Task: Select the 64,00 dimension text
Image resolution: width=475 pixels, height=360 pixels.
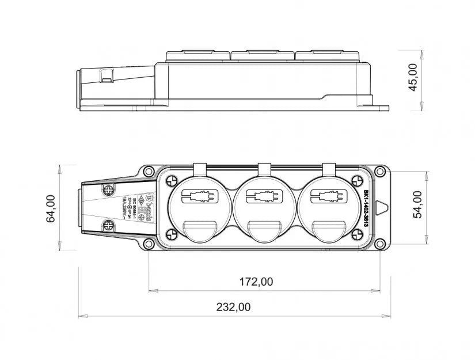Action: click(51, 208)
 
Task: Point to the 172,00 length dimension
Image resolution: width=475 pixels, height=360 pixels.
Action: click(256, 282)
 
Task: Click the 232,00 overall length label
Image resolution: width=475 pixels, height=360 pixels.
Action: click(233, 308)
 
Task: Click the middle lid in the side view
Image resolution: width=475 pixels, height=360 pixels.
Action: click(263, 56)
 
